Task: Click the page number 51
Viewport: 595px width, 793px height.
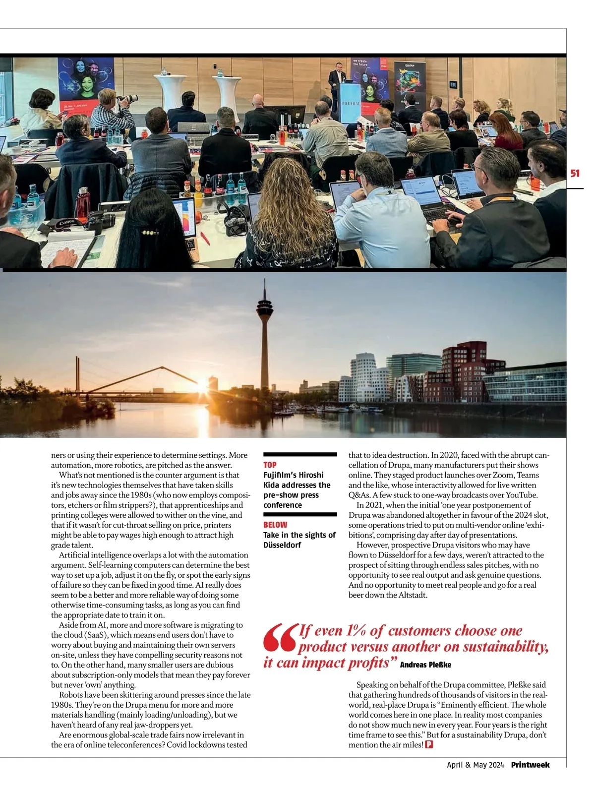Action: [x=575, y=174]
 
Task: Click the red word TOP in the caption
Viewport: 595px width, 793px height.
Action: [x=270, y=465]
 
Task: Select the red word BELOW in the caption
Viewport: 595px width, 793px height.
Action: [x=275, y=525]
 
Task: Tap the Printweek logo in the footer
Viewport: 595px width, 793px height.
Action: [x=530, y=765]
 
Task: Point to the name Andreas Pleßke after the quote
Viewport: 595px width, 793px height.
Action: [x=425, y=665]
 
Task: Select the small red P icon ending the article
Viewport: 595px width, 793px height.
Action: [x=429, y=745]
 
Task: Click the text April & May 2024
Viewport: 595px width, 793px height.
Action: [x=475, y=765]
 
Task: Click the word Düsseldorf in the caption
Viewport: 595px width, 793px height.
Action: [x=282, y=545]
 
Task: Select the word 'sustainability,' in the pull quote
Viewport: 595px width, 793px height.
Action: [x=505, y=647]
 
